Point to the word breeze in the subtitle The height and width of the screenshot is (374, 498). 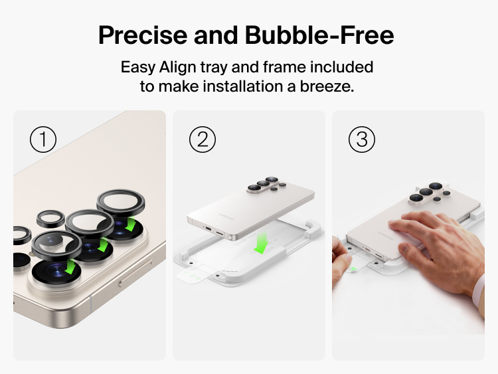coord(330,86)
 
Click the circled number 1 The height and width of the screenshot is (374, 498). coord(43,140)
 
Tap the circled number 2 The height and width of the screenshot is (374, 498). coord(203,140)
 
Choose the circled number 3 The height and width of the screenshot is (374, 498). coord(362,140)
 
